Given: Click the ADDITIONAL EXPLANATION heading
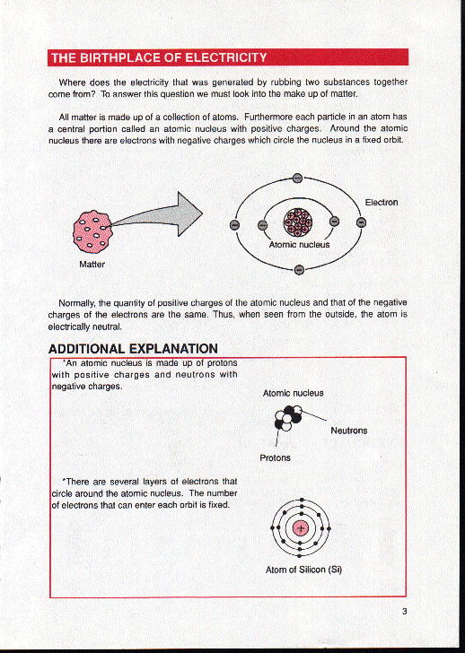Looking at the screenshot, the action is click(x=133, y=348).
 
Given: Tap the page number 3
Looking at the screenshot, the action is click(x=405, y=613).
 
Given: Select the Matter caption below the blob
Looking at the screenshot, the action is click(x=92, y=265).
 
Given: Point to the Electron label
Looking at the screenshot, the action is click(x=381, y=203).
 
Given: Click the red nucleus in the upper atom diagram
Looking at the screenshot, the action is click(x=297, y=221).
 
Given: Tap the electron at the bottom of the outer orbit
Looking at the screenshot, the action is click(x=299, y=268).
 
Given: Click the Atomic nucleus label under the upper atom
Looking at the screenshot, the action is click(x=299, y=244).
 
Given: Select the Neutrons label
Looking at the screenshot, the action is click(x=349, y=431).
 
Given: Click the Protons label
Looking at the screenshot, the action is click(x=275, y=457).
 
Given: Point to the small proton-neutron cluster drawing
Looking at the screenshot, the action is click(x=289, y=417).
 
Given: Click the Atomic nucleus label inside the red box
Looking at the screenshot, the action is click(x=293, y=393).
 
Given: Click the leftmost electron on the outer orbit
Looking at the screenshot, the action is click(x=235, y=224).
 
